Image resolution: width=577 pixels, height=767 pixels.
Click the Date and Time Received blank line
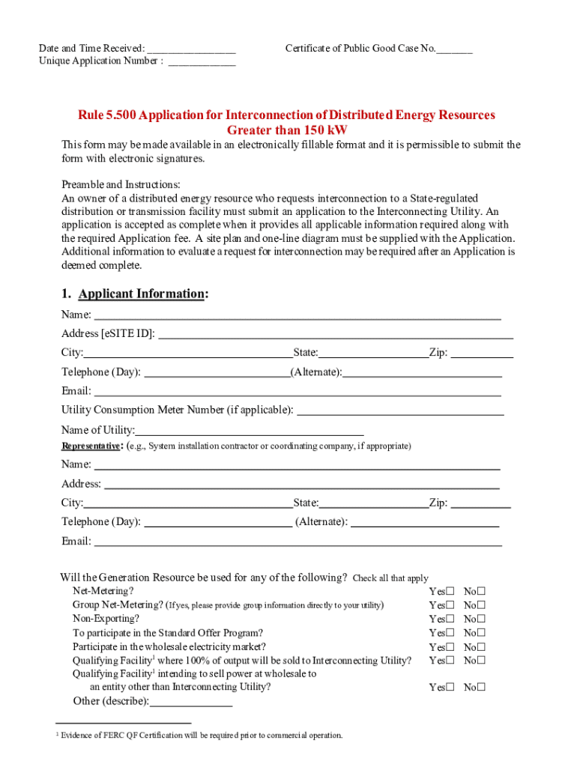click(x=192, y=49)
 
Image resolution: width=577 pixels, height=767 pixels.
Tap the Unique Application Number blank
click(x=202, y=62)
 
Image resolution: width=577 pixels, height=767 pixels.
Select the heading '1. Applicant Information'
click(x=135, y=294)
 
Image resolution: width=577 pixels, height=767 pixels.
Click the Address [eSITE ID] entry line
click(x=336, y=334)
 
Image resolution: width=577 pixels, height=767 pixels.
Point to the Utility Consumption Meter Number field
click(x=401, y=410)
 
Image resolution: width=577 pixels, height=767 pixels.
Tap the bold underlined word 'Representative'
click(x=91, y=446)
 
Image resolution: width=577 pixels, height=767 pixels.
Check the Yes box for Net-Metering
click(x=450, y=592)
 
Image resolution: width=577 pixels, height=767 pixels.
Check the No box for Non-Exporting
click(x=481, y=619)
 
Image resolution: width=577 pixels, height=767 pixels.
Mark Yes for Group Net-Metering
click(x=450, y=605)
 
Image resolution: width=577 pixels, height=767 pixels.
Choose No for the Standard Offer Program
click(x=481, y=633)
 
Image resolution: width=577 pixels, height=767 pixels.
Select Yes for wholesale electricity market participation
click(x=450, y=647)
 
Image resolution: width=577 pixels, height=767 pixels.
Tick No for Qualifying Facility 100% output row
click(x=481, y=661)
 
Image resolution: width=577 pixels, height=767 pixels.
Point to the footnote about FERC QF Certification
click(x=200, y=736)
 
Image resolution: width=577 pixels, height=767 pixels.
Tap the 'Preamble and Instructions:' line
click(x=121, y=184)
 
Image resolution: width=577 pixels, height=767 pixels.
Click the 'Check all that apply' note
click(x=390, y=578)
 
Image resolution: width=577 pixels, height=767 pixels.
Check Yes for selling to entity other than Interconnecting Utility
click(x=450, y=688)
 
